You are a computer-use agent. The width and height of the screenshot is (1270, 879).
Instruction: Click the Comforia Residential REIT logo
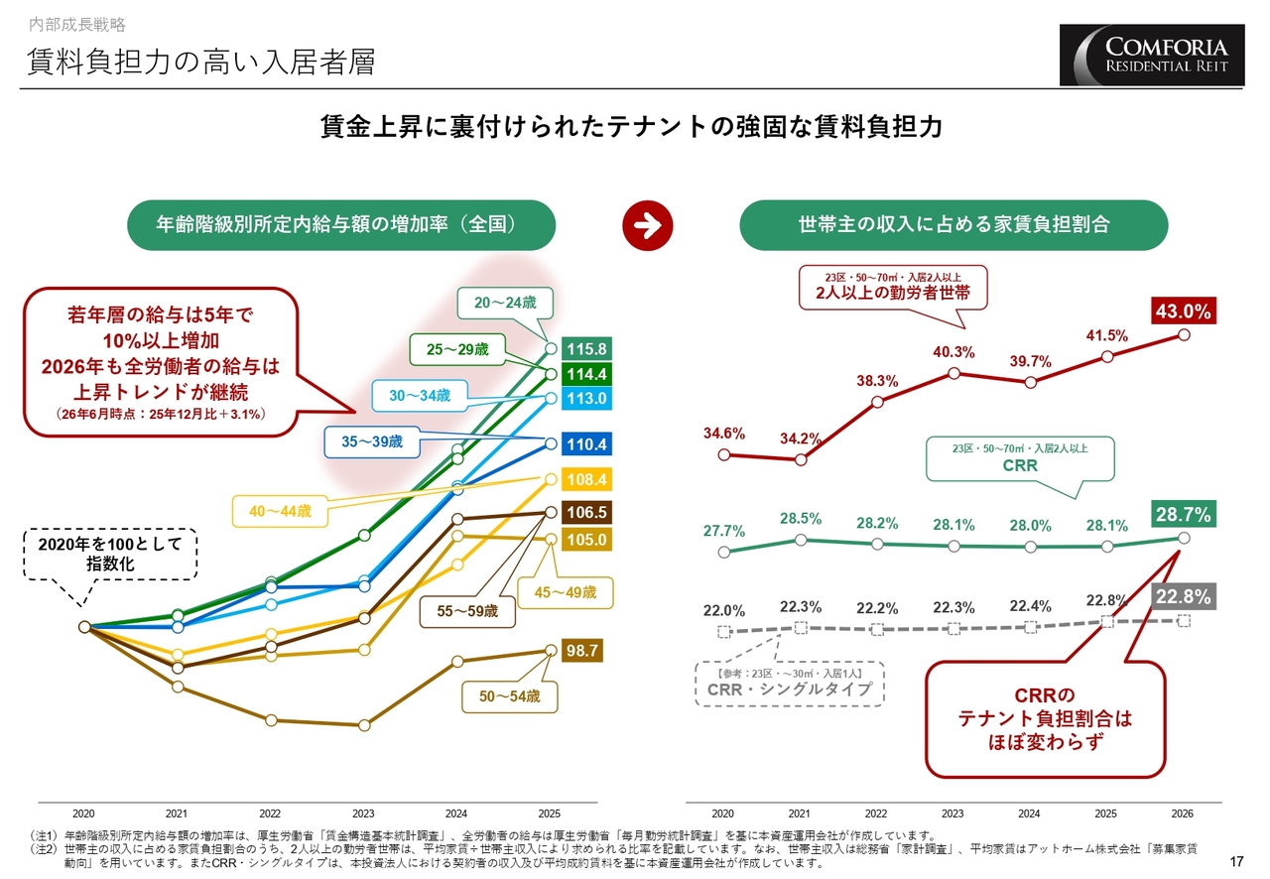[x=1152, y=55]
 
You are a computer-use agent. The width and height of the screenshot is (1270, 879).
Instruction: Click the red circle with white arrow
[x=648, y=226]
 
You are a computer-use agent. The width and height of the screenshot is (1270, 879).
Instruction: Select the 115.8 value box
[x=586, y=349]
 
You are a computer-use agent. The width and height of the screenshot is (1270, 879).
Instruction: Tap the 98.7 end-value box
[x=582, y=651]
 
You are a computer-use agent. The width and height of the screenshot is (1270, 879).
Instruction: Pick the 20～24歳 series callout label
[x=505, y=303]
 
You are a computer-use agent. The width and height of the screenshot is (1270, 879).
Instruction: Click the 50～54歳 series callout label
[x=510, y=696]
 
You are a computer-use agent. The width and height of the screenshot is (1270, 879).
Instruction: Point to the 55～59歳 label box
[x=467, y=611]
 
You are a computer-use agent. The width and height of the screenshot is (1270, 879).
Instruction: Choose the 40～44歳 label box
[x=280, y=512]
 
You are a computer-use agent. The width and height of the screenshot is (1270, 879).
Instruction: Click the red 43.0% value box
[x=1184, y=312]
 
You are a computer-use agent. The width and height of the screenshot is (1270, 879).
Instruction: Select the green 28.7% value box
[x=1184, y=514]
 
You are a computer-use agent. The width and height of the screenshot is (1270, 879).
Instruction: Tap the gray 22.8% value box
[x=1184, y=596]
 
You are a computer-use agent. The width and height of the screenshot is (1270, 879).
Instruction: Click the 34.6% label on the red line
[x=724, y=434]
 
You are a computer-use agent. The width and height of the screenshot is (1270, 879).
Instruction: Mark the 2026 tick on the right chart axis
[x=1182, y=814]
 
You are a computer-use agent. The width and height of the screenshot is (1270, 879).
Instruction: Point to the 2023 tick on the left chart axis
[x=363, y=814]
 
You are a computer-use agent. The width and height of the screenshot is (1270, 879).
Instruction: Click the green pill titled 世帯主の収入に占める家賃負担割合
[x=953, y=225]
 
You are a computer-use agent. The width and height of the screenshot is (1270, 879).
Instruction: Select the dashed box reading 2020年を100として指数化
[x=110, y=554]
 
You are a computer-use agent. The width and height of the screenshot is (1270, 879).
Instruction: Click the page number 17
[x=1236, y=862]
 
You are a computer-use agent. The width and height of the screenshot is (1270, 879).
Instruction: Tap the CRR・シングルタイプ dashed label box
[x=789, y=684]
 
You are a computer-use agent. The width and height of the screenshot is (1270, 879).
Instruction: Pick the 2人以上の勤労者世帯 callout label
[x=893, y=288]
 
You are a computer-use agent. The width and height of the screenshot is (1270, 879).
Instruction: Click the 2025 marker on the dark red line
[x=1106, y=357]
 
